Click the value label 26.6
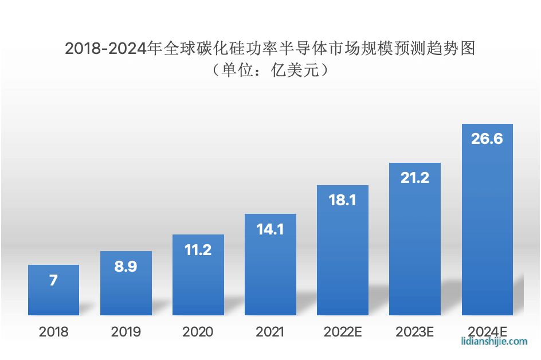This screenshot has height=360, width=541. click(487, 139)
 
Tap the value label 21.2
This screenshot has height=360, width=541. click(414, 178)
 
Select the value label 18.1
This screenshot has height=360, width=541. click(342, 200)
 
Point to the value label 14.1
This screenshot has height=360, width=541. click(270, 229)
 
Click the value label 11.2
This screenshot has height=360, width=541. click(198, 250)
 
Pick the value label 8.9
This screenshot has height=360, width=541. click(126, 267)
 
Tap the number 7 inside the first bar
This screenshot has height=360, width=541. click(53, 280)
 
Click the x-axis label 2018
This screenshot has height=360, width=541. click(53, 332)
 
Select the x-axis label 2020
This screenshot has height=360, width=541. click(198, 332)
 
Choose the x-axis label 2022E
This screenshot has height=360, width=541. click(342, 332)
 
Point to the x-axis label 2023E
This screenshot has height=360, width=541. click(414, 332)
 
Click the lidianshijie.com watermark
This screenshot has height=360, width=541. click(494, 342)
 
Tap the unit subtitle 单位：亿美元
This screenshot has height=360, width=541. click(270, 71)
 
